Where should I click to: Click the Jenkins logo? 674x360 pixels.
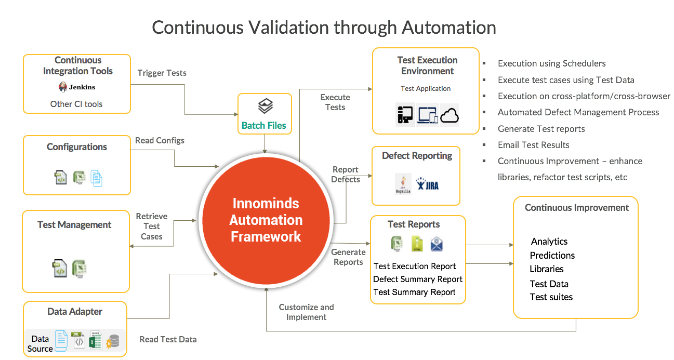coord(77,87)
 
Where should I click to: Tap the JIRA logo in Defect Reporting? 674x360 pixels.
coord(427,184)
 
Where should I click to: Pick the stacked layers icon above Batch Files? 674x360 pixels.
coord(265,107)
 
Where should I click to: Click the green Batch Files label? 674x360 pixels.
coord(264,125)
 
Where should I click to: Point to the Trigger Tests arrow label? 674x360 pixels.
coord(162,73)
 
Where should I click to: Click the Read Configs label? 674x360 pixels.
coord(160,140)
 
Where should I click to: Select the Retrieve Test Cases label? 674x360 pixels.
coord(152,226)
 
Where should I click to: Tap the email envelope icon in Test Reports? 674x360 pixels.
coord(437,244)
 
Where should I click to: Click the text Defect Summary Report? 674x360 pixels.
coord(417,279)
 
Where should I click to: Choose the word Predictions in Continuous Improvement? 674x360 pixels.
coord(552,255)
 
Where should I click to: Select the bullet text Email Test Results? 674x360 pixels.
coord(533,145)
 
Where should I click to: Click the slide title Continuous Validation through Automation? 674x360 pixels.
coord(324,27)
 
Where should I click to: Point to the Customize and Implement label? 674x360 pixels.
coord(306,312)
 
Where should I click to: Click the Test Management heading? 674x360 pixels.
coord(74,224)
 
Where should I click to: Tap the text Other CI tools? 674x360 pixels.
coord(76,104)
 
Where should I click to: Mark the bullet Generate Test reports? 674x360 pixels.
coord(541,129)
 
